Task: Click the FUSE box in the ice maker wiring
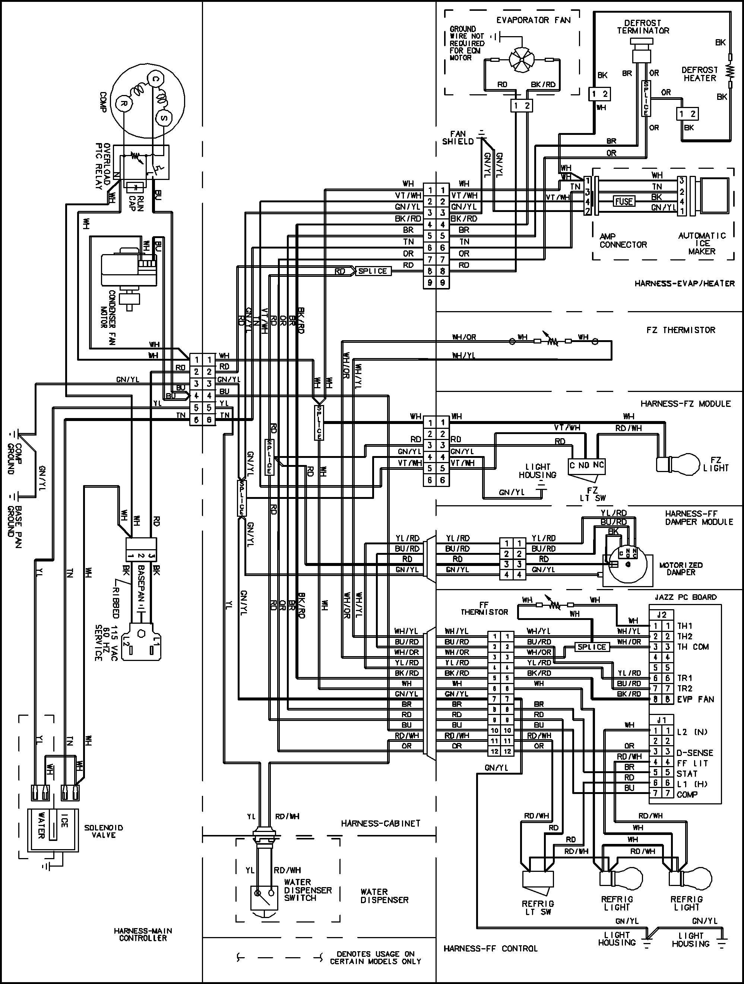pos(624,201)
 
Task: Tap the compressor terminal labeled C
pos(155,79)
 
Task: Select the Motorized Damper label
pos(680,569)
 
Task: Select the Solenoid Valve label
pos(104,831)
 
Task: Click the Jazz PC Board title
pos(685,597)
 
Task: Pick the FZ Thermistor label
pos(680,330)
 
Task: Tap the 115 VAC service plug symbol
pos(142,640)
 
